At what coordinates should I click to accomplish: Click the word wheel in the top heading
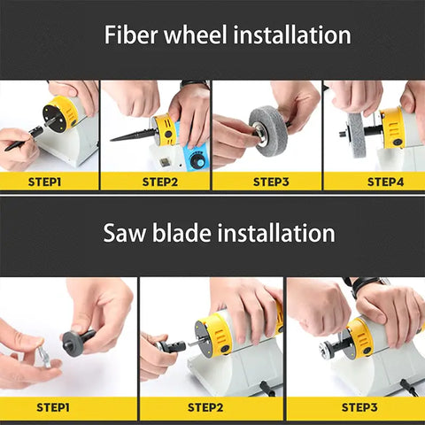196,35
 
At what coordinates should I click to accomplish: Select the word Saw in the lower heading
125,233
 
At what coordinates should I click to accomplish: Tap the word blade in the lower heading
182,233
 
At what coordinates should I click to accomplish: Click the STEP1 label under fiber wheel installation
44,182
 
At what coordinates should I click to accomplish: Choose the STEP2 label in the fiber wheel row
160,182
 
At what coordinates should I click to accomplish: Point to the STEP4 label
385,182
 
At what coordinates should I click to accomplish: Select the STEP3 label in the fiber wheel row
271,182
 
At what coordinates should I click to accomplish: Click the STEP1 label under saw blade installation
53,407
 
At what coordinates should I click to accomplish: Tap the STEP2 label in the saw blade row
205,407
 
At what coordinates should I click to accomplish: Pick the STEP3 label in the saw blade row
359,407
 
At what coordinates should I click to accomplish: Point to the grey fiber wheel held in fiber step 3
267,131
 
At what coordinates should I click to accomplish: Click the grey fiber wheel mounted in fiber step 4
356,135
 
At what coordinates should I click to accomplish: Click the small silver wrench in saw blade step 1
42,356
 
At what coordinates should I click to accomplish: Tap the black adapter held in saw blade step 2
171,346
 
